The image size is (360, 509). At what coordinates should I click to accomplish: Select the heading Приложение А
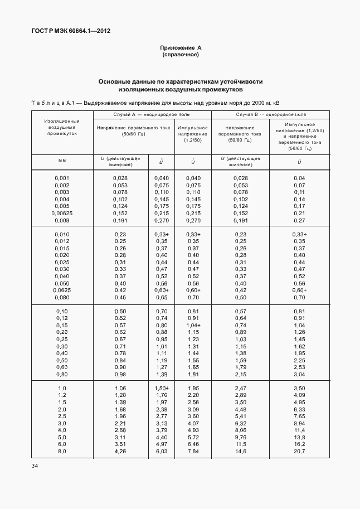tap(180, 48)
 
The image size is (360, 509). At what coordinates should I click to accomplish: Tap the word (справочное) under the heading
tap(180, 55)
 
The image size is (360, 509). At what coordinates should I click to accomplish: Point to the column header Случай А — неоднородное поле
tap(152, 114)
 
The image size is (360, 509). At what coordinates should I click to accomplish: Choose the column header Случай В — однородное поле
tap(271, 114)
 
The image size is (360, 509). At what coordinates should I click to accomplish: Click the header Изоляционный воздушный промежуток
tap(62, 127)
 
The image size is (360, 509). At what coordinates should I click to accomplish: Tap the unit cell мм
tap(62, 161)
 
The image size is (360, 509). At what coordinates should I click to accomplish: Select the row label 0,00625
tap(62, 213)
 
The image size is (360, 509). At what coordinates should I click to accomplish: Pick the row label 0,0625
tap(62, 290)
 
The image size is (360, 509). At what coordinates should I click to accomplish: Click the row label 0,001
tap(62, 177)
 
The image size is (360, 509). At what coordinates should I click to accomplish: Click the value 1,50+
tap(162, 387)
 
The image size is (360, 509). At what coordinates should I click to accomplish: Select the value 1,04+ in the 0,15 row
tap(193, 325)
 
